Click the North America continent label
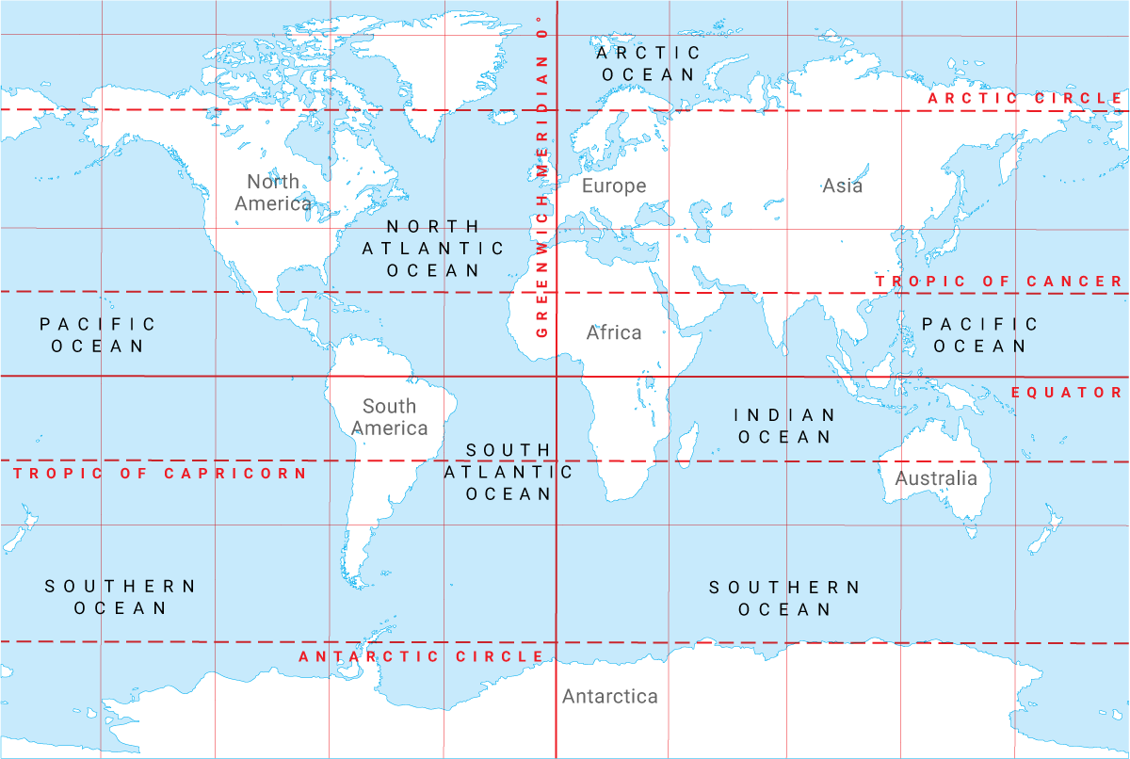pyautogui.click(x=273, y=193)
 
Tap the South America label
pyautogui.click(x=389, y=417)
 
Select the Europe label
pyautogui.click(x=614, y=186)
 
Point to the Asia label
pyautogui.click(x=842, y=186)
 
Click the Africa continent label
pyautogui.click(x=614, y=332)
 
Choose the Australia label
pyautogui.click(x=936, y=478)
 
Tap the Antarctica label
pyautogui.click(x=610, y=697)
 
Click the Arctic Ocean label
pyautogui.click(x=648, y=63)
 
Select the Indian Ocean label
pyautogui.click(x=784, y=426)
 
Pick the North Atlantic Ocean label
pyautogui.click(x=433, y=249)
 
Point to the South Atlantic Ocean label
pyautogui.click(x=508, y=472)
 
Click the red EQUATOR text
pyautogui.click(x=1067, y=393)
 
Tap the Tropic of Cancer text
pyautogui.click(x=999, y=282)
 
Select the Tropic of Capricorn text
pyautogui.click(x=161, y=474)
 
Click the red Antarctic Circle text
pyautogui.click(x=421, y=657)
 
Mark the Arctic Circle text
pyautogui.click(x=1025, y=99)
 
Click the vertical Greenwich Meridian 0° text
pyautogui.click(x=542, y=179)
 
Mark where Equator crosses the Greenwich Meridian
pyautogui.click(x=557, y=377)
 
